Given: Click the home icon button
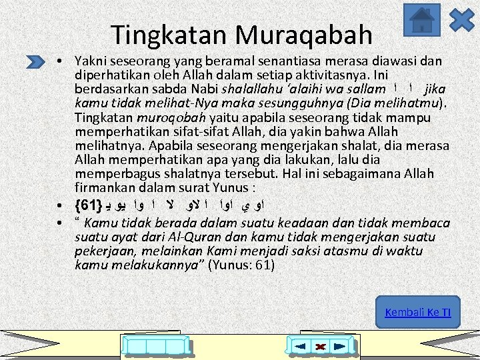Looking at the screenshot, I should pos(422,20).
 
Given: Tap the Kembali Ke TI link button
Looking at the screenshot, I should pos(418,312).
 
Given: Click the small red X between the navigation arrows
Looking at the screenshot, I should pos(320,347).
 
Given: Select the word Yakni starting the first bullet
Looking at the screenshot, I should pos(90,61).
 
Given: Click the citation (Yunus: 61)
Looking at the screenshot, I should pos(241,265).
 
